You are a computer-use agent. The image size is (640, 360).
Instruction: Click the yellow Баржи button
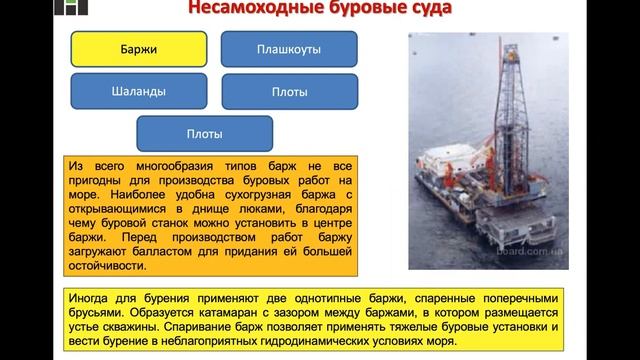[x=139, y=48]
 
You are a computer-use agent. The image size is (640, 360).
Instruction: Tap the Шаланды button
[x=139, y=92]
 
